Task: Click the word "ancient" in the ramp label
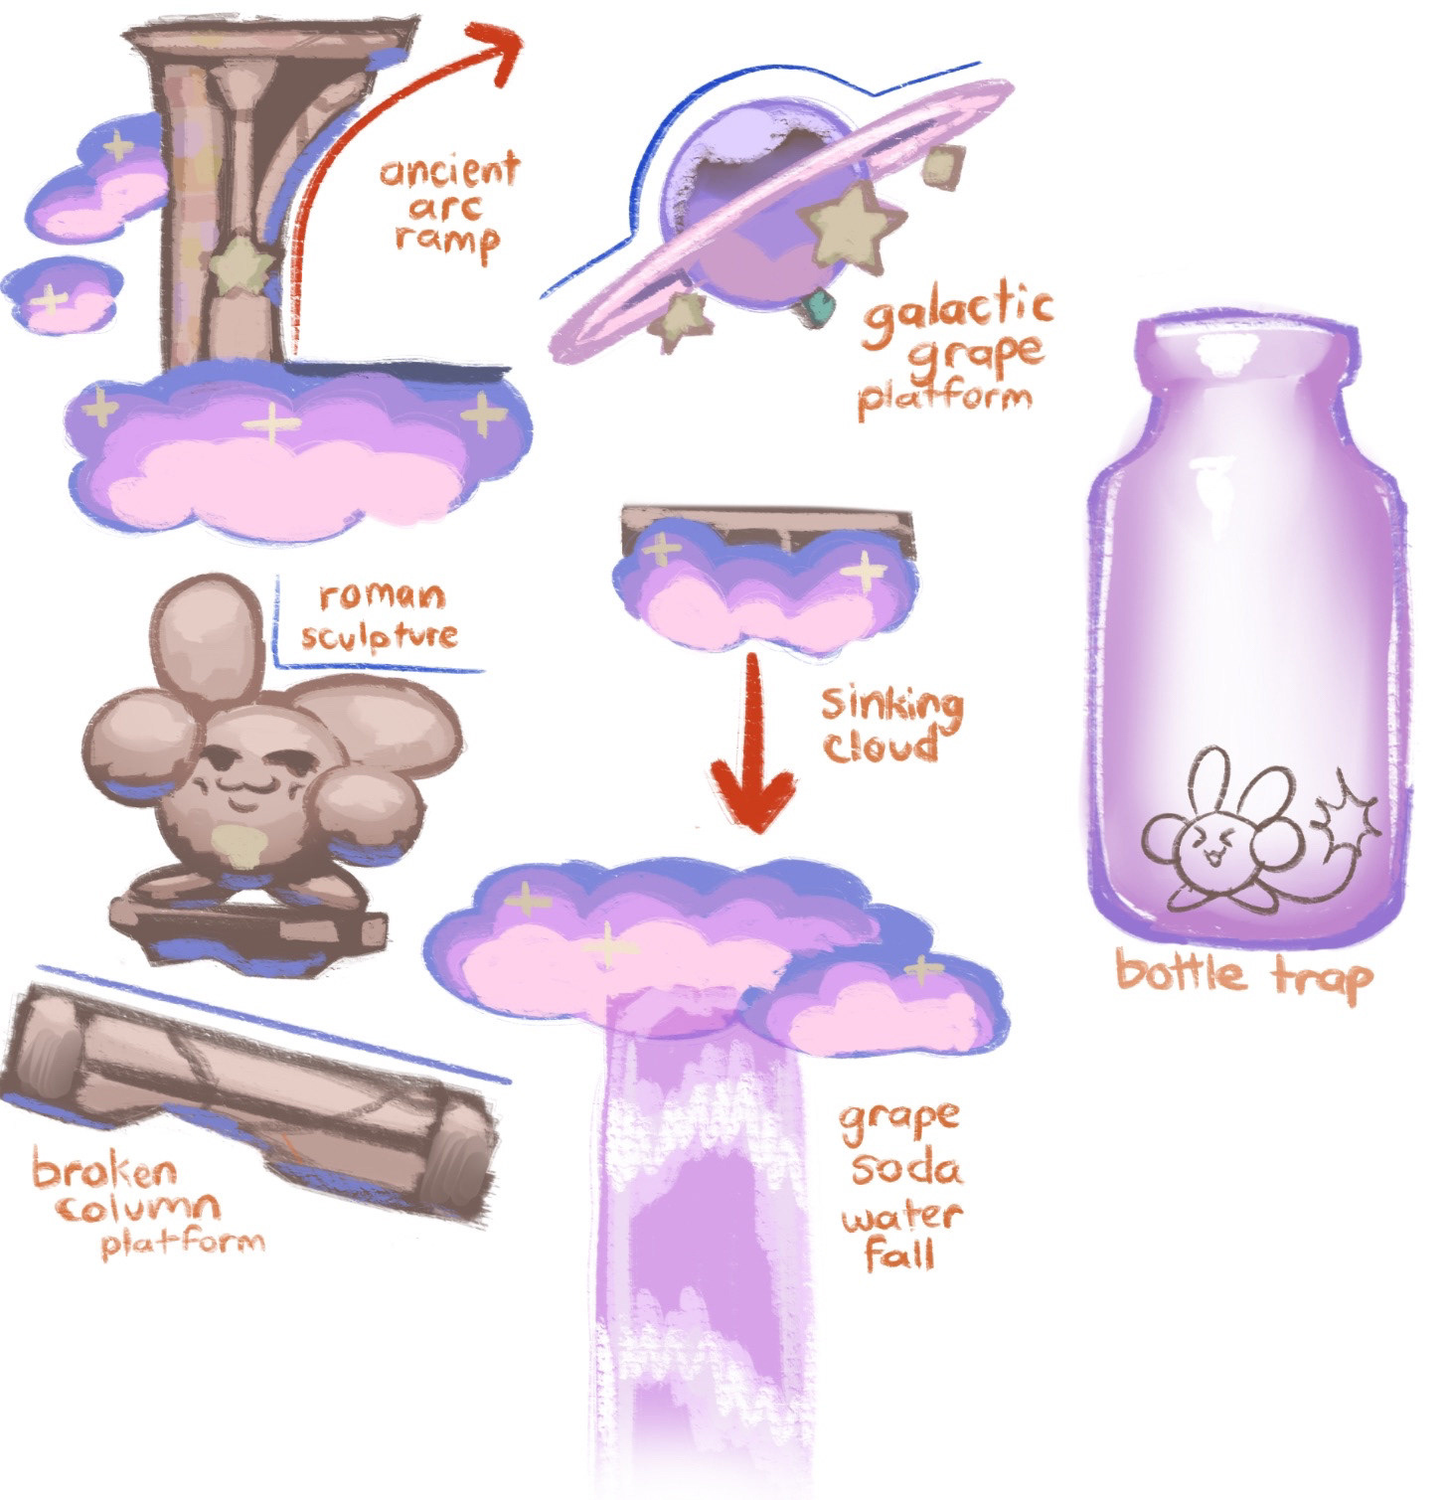(449, 171)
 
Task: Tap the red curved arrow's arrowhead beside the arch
(497, 45)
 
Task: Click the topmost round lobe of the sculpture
(205, 636)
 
